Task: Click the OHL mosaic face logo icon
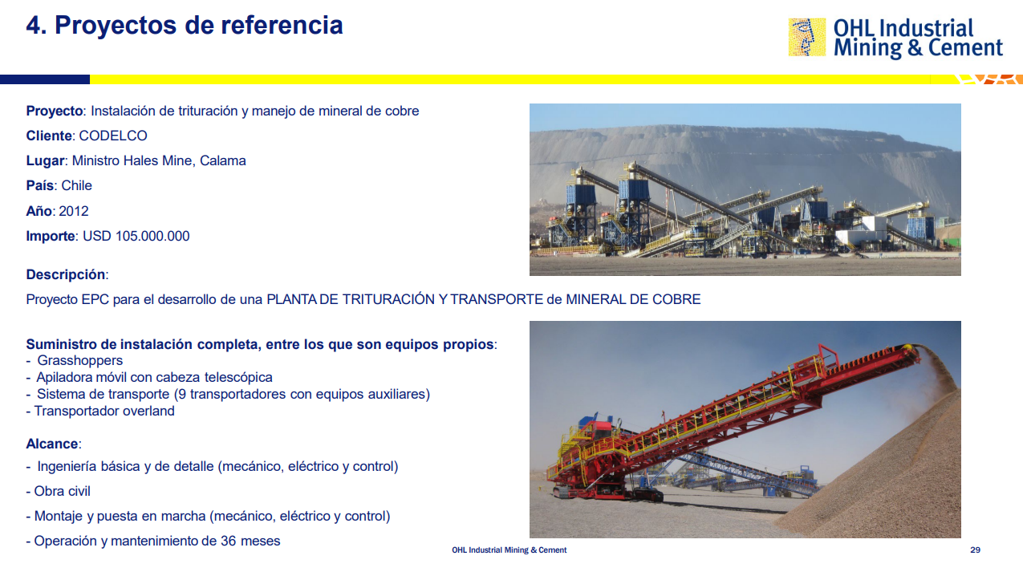(807, 37)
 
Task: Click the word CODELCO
(113, 136)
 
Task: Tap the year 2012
(74, 211)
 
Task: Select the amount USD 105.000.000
(136, 236)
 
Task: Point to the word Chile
(77, 185)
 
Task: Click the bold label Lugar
(45, 161)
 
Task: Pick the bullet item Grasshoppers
(80, 360)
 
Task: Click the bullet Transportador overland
(104, 411)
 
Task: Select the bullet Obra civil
(62, 491)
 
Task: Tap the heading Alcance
(52, 444)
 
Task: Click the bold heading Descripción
(66, 274)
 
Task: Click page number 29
(975, 550)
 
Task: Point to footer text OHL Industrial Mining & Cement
(509, 550)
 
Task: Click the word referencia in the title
(282, 25)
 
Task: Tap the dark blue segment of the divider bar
(45, 79)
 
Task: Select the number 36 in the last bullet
(229, 541)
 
